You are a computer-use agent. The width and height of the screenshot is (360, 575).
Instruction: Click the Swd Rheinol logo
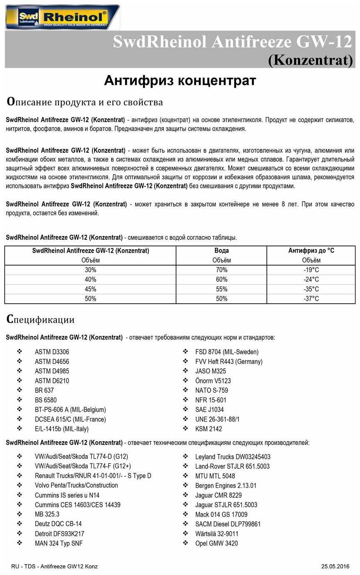pyautogui.click(x=62, y=17)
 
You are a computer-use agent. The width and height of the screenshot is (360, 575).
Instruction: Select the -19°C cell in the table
pyautogui.click(x=311, y=270)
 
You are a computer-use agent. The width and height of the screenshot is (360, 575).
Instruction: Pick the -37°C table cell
pyautogui.click(x=311, y=299)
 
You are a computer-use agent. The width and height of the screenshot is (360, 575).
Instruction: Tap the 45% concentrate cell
pyautogui.click(x=90, y=289)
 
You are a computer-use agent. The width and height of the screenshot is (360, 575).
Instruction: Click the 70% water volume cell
pyautogui.click(x=221, y=270)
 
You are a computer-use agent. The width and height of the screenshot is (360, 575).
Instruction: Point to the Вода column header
pyautogui.click(x=221, y=251)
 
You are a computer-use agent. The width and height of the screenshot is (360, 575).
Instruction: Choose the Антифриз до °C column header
pyautogui.click(x=311, y=251)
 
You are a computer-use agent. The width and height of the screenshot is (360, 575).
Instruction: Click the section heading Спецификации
pyautogui.click(x=40, y=319)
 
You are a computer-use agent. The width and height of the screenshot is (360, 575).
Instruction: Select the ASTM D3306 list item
pyautogui.click(x=52, y=352)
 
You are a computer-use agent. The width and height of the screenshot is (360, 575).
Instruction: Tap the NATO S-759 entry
pyautogui.click(x=212, y=390)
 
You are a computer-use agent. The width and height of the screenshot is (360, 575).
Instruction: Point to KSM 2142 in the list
pyautogui.click(x=209, y=429)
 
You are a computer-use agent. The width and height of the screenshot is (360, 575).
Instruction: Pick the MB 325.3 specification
pyautogui.click(x=47, y=514)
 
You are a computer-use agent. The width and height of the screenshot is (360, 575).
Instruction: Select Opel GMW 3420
pyautogui.click(x=216, y=543)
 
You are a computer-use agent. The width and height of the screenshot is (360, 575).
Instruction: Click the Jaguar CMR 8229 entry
pyautogui.click(x=218, y=495)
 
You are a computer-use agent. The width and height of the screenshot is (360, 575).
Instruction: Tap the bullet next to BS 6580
pyautogui.click(x=19, y=400)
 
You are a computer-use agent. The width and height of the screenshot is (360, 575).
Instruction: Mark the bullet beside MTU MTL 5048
pyautogui.click(x=185, y=476)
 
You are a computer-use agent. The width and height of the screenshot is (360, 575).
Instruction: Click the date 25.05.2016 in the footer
pyautogui.click(x=335, y=566)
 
